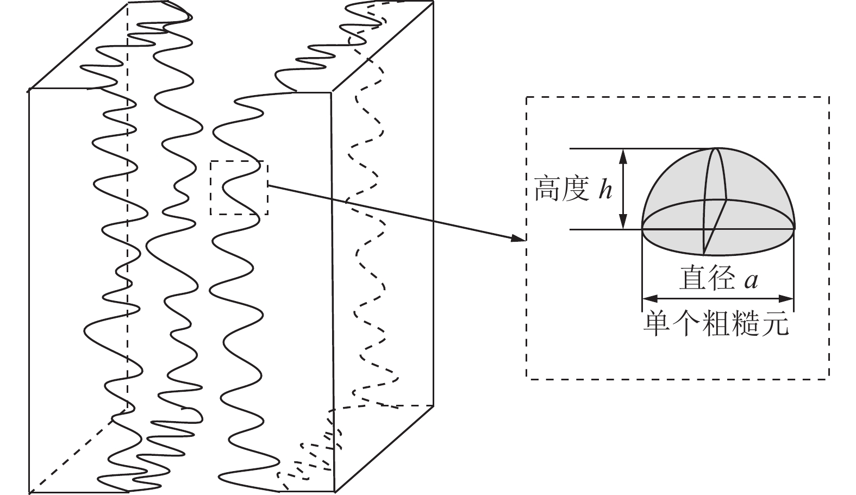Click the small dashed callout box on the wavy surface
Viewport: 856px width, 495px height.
click(239, 187)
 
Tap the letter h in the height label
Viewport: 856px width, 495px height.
click(605, 190)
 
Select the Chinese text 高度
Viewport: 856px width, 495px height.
click(561, 189)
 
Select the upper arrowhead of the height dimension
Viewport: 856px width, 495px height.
click(623, 155)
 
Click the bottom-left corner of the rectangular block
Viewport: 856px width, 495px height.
click(29, 492)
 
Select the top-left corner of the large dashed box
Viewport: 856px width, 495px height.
click(526, 97)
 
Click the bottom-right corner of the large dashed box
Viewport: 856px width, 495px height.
click(829, 378)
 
